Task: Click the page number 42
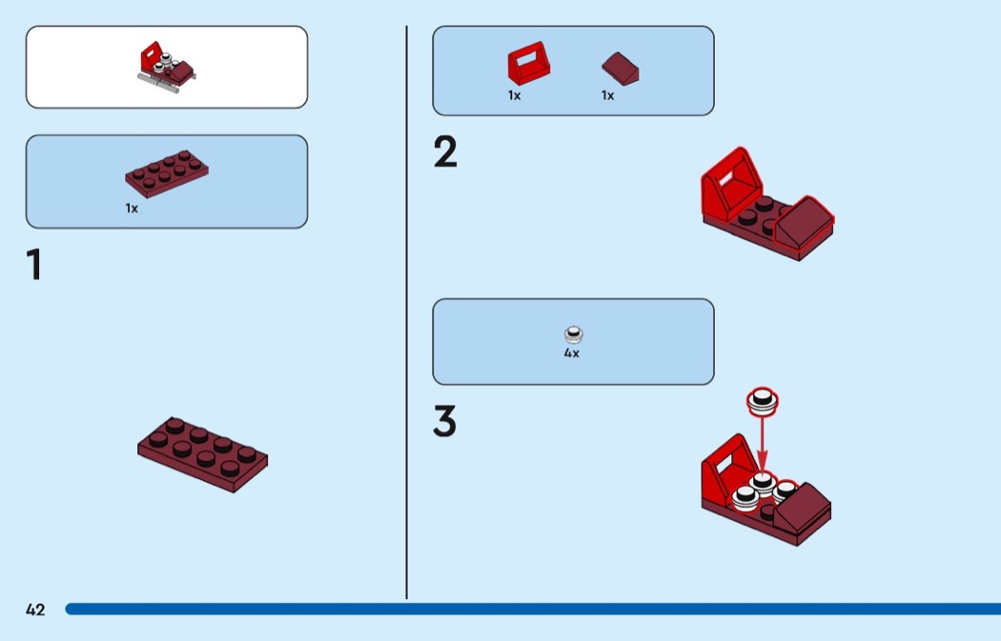point(35,610)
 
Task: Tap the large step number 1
point(34,264)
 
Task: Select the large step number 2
point(445,151)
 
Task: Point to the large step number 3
point(445,421)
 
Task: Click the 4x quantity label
point(571,352)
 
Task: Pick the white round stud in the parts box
point(573,335)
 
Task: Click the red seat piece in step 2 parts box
point(528,63)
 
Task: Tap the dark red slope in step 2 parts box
point(621,69)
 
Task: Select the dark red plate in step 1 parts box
point(167,173)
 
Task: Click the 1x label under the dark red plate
point(132,209)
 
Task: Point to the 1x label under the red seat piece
point(514,95)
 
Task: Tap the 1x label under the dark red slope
point(607,95)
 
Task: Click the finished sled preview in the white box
point(167,67)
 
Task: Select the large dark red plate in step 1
point(202,454)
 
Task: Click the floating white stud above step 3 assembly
point(763,401)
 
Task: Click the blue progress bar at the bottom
point(533,610)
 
